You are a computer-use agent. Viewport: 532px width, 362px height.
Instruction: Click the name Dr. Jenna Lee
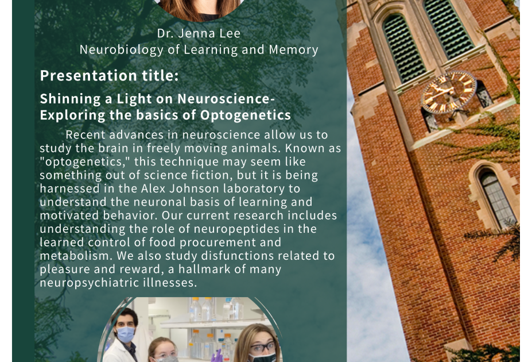click(199, 33)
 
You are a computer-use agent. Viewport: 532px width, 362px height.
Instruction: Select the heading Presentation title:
click(109, 75)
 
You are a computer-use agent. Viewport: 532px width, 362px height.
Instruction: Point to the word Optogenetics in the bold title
click(245, 115)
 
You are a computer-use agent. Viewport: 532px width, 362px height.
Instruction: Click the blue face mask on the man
click(125, 334)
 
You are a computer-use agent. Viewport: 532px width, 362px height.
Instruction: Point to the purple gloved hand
click(217, 356)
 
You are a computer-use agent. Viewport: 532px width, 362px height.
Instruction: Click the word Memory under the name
click(293, 50)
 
